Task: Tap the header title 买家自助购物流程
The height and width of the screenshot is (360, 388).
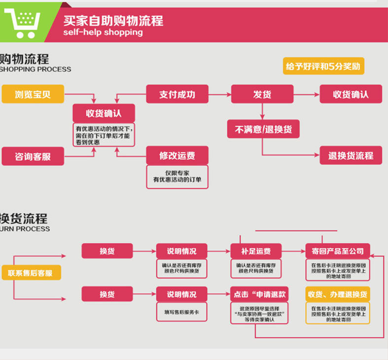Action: tap(113, 21)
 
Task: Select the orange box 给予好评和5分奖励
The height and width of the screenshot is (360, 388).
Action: tap(323, 66)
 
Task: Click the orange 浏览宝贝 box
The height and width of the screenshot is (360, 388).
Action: tap(33, 94)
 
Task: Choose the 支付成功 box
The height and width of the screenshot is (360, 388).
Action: tap(177, 94)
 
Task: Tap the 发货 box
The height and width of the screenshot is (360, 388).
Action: tap(262, 94)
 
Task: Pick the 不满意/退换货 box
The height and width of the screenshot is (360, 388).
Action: tap(263, 129)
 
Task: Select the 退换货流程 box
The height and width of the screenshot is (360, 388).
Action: tap(351, 155)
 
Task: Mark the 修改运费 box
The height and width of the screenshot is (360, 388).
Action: tap(177, 155)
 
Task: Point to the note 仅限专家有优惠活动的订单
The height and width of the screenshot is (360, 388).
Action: tap(177, 176)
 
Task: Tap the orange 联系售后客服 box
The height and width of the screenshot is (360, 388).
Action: tap(31, 272)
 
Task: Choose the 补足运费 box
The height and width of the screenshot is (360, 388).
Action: tap(256, 251)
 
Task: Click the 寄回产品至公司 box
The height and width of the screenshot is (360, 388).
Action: tap(337, 251)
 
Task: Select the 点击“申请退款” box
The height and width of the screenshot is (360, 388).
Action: tap(259, 294)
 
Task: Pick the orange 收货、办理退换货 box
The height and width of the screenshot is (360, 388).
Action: tap(337, 294)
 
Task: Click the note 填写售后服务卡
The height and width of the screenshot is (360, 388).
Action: tap(181, 312)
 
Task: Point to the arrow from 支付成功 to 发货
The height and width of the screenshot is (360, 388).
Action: tap(220, 94)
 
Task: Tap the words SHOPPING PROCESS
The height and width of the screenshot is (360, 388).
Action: tap(35, 70)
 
